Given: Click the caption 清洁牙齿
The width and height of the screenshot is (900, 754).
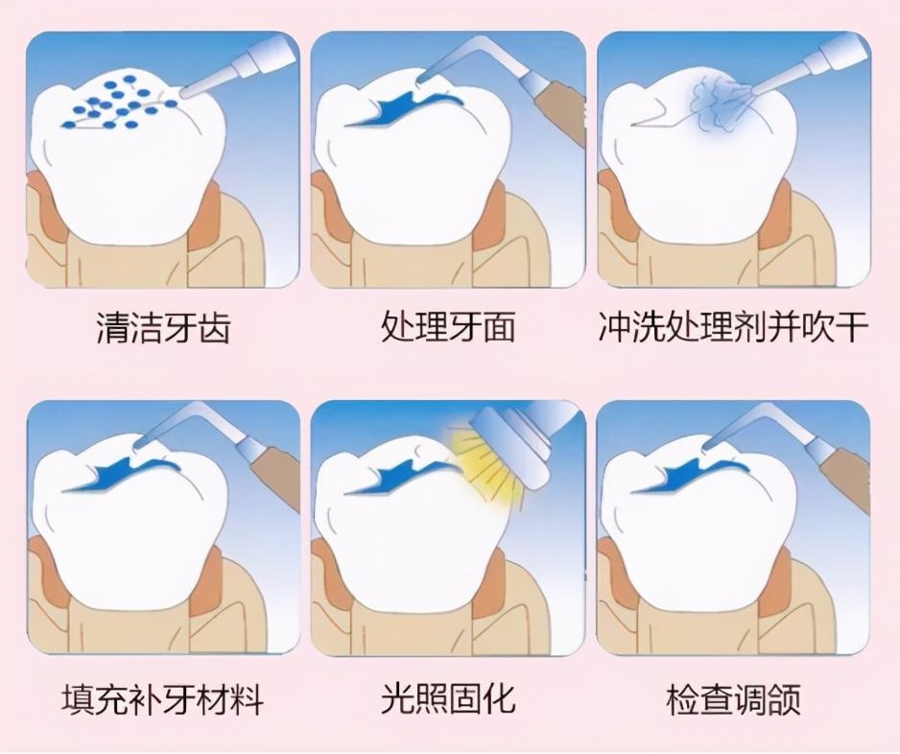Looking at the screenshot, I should click(x=163, y=328).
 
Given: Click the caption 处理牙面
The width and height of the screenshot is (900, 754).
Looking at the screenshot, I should click(x=448, y=328).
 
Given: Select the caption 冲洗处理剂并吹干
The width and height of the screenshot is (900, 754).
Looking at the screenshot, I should click(x=733, y=328).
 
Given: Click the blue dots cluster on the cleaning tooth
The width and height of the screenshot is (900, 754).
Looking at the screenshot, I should click(x=115, y=104).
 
